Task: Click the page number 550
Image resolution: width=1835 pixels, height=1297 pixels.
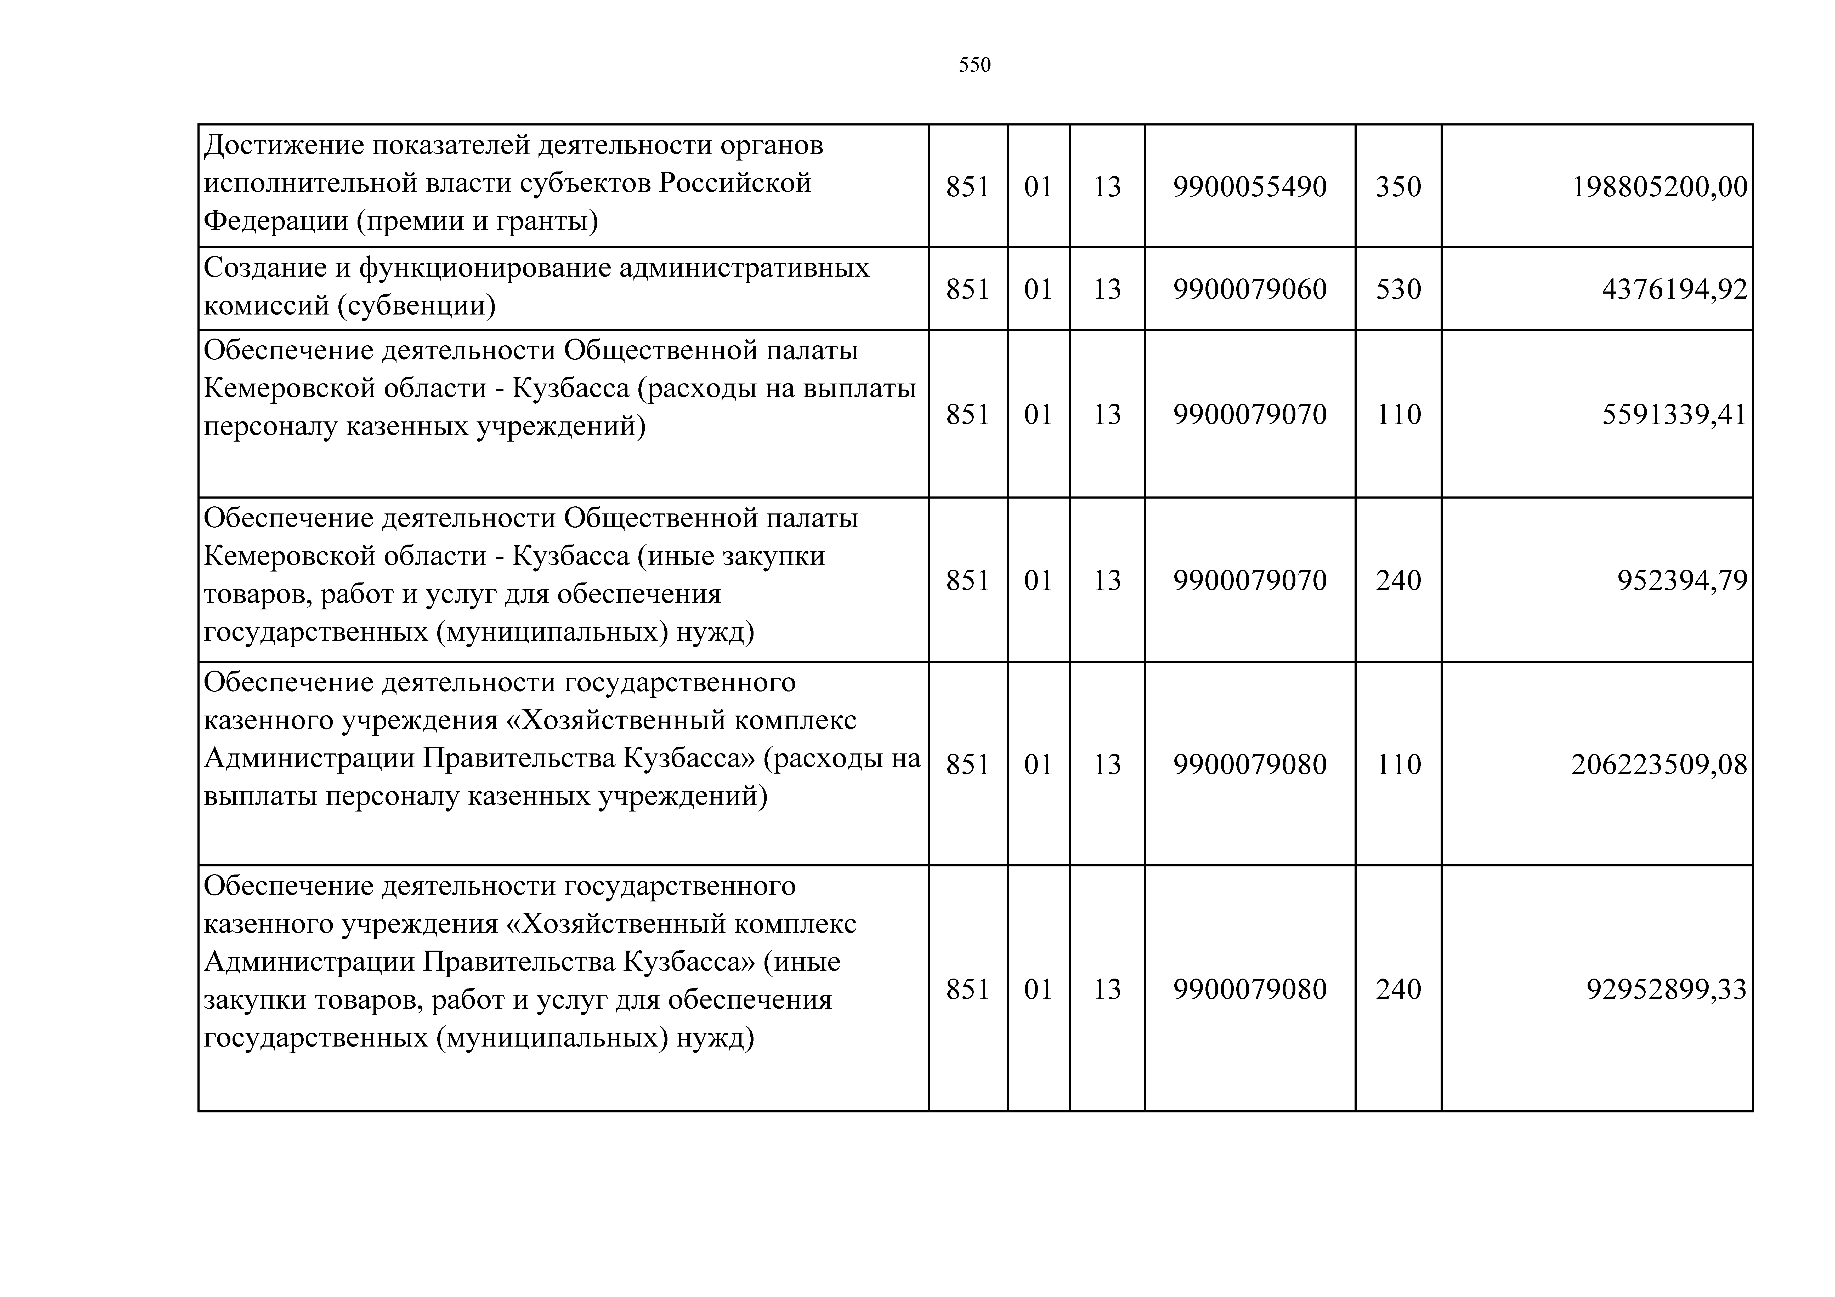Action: (x=974, y=65)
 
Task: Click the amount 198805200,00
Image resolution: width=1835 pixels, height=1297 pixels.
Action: (x=1659, y=187)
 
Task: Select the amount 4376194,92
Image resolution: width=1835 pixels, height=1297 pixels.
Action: (x=1674, y=289)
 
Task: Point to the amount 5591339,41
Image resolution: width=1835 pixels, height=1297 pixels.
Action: (x=1674, y=415)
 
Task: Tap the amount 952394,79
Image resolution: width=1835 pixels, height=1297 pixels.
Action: (x=1681, y=580)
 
